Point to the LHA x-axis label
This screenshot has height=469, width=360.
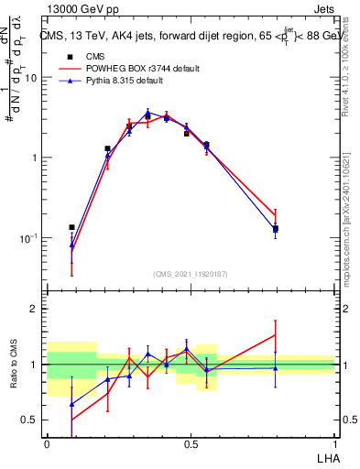click(x=325, y=456)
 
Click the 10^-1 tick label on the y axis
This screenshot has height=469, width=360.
click(x=29, y=238)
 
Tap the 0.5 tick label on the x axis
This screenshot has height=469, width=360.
click(x=191, y=442)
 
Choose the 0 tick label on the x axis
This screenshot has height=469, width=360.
click(x=47, y=442)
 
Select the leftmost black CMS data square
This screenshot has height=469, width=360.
click(x=71, y=227)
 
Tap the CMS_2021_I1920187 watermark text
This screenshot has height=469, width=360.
click(x=191, y=273)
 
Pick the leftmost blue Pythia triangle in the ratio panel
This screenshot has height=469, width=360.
click(x=71, y=404)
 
